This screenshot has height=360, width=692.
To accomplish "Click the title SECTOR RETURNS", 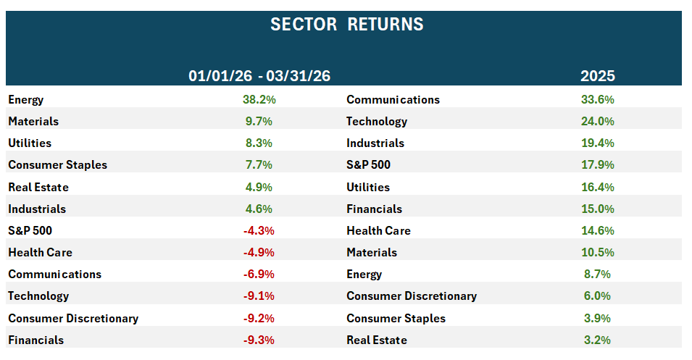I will [x=346, y=24].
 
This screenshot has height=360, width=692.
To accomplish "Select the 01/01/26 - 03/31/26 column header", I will [x=259, y=76].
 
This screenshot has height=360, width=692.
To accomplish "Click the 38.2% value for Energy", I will [x=259, y=100].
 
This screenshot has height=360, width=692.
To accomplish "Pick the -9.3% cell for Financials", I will [x=259, y=340].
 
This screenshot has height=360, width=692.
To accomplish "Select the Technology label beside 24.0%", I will [x=376, y=122].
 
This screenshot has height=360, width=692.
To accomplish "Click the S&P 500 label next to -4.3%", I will [x=30, y=231].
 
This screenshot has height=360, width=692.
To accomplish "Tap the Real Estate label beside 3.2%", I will [x=376, y=340].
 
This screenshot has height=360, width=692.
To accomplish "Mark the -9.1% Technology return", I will [x=259, y=296].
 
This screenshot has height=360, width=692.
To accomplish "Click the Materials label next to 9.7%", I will [x=33, y=122].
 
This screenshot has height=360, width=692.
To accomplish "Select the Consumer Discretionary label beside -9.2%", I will [x=73, y=319].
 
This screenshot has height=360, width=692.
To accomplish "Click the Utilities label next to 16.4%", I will [x=367, y=188].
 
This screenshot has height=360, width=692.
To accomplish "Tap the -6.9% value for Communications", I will [x=259, y=275].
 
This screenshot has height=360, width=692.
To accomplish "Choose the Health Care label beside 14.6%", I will [x=378, y=231].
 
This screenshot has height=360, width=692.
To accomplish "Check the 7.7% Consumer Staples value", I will [x=259, y=165].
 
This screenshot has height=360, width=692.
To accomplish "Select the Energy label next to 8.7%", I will [x=364, y=275].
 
